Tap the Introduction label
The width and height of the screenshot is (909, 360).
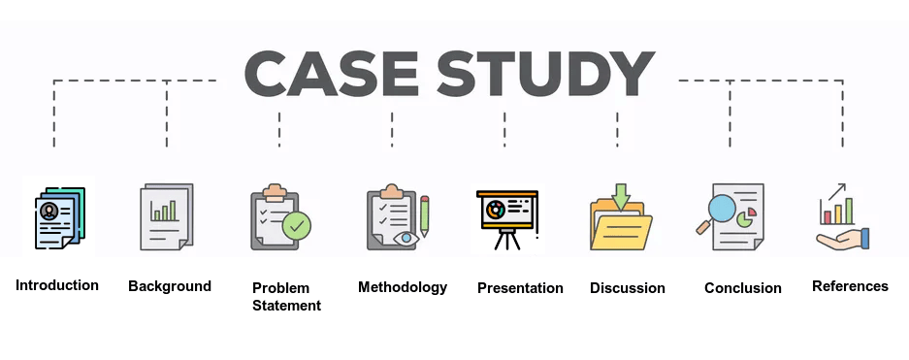click(x=57, y=285)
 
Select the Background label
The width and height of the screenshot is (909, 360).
click(x=170, y=286)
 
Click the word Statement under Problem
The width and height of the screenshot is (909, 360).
click(x=286, y=306)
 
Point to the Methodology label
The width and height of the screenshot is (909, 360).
click(x=403, y=287)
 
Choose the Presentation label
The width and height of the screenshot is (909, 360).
click(x=520, y=288)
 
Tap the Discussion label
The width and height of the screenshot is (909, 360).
click(x=628, y=288)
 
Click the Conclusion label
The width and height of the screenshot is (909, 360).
click(x=743, y=288)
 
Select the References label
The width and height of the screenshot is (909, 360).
click(x=850, y=286)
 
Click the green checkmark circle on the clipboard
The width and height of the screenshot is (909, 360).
click(x=297, y=227)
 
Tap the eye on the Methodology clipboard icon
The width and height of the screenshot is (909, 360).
click(x=406, y=237)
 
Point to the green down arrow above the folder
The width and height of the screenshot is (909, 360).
click(x=621, y=195)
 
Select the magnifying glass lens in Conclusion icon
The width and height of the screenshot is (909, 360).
click(x=724, y=208)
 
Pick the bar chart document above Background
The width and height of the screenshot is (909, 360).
click(x=166, y=216)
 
